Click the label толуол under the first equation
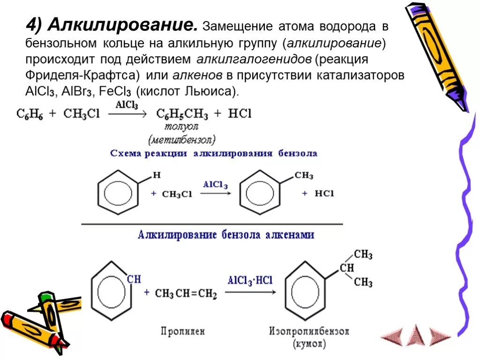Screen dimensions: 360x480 tap(181, 127)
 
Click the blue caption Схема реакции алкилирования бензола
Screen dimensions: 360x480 tap(213, 153)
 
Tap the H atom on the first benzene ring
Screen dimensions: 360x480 tap(157, 175)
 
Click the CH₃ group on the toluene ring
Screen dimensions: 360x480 tap(304, 175)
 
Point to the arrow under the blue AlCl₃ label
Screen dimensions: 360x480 tap(216, 194)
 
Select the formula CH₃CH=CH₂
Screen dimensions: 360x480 tap(186, 294)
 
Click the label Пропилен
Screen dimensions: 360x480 tap(182, 331)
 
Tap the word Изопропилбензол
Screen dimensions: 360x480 tap(309, 331)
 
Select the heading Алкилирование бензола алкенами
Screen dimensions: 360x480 tap(226, 235)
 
